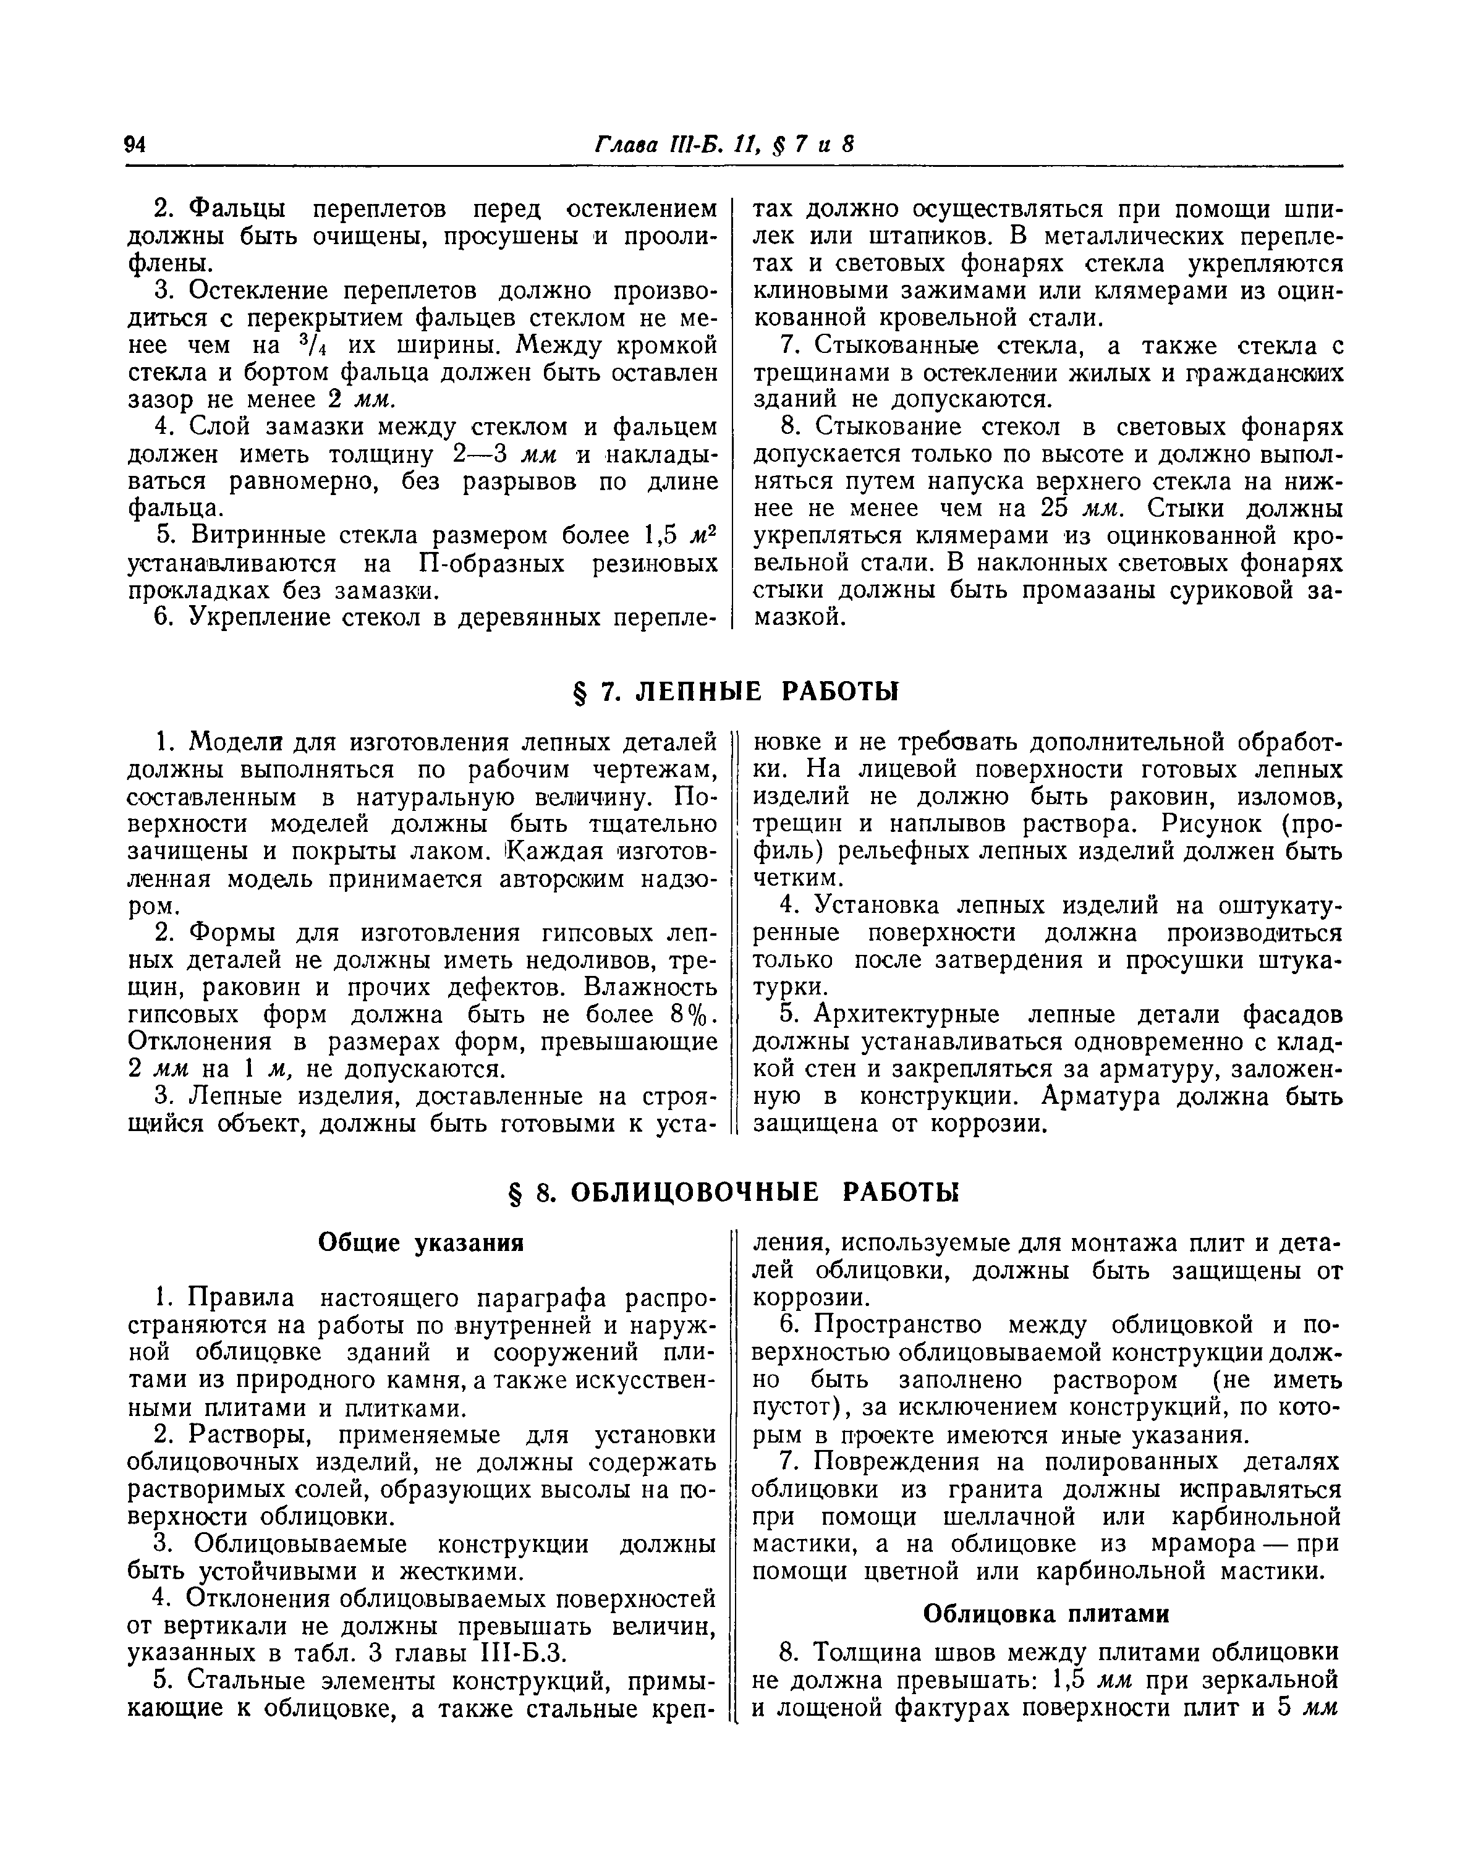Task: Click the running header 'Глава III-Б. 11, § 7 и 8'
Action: pyautogui.click(x=725, y=145)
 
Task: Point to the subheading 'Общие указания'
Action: pyautogui.click(x=420, y=1242)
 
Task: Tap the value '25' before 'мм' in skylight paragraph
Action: pyautogui.click(x=1056, y=509)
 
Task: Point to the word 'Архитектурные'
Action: pyautogui.click(x=906, y=1015)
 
